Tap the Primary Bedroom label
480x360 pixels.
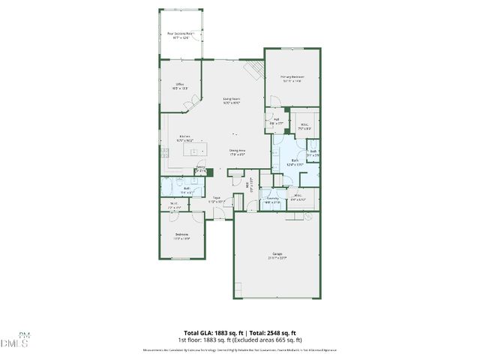[x=292, y=78]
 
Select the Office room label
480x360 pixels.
[x=180, y=85]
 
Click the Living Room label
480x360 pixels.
[x=231, y=100]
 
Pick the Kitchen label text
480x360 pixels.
[x=184, y=138]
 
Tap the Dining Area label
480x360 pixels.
[x=237, y=151]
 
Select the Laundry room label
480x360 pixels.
[x=272, y=200]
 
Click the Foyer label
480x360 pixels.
[x=216, y=200]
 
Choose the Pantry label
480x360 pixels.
[x=201, y=169]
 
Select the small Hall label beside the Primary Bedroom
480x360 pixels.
[x=276, y=121]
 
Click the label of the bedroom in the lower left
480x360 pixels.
[x=181, y=237]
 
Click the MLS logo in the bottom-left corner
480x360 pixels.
[x=15, y=340]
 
